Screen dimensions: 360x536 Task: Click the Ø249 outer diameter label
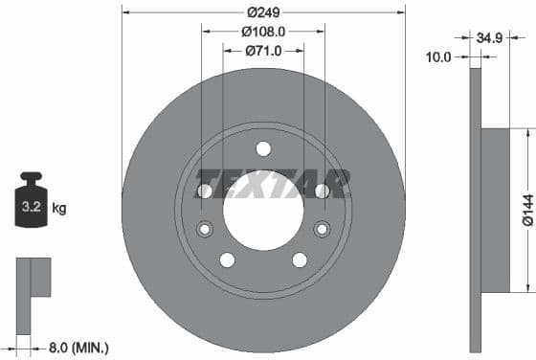coord(263,12)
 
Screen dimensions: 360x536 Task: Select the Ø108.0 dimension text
coord(263,32)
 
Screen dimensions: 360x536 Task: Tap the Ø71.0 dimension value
coord(263,51)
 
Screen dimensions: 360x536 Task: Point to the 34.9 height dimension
coord(489,40)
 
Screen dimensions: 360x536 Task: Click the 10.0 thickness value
coord(437,57)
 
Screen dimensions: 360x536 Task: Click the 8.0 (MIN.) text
coord(78,348)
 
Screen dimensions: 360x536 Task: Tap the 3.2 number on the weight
coord(31,206)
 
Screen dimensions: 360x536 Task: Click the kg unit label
coord(58,207)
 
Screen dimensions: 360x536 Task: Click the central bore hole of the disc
coord(263,206)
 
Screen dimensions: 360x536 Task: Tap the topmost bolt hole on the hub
coord(263,148)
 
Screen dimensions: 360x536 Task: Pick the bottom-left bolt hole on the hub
coord(227,259)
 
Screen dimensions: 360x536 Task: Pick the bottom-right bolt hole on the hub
coord(300,259)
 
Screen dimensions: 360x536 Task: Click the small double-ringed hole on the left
coord(205,229)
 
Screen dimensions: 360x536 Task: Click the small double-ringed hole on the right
coord(322,229)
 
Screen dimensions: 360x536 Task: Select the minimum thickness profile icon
coord(32,293)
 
